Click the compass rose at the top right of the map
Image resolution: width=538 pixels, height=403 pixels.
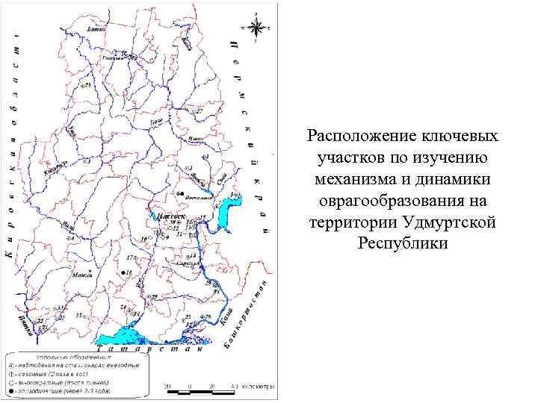(x=256, y=28)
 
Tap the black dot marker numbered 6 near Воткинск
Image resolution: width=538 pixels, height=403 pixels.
(x=180, y=193)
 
